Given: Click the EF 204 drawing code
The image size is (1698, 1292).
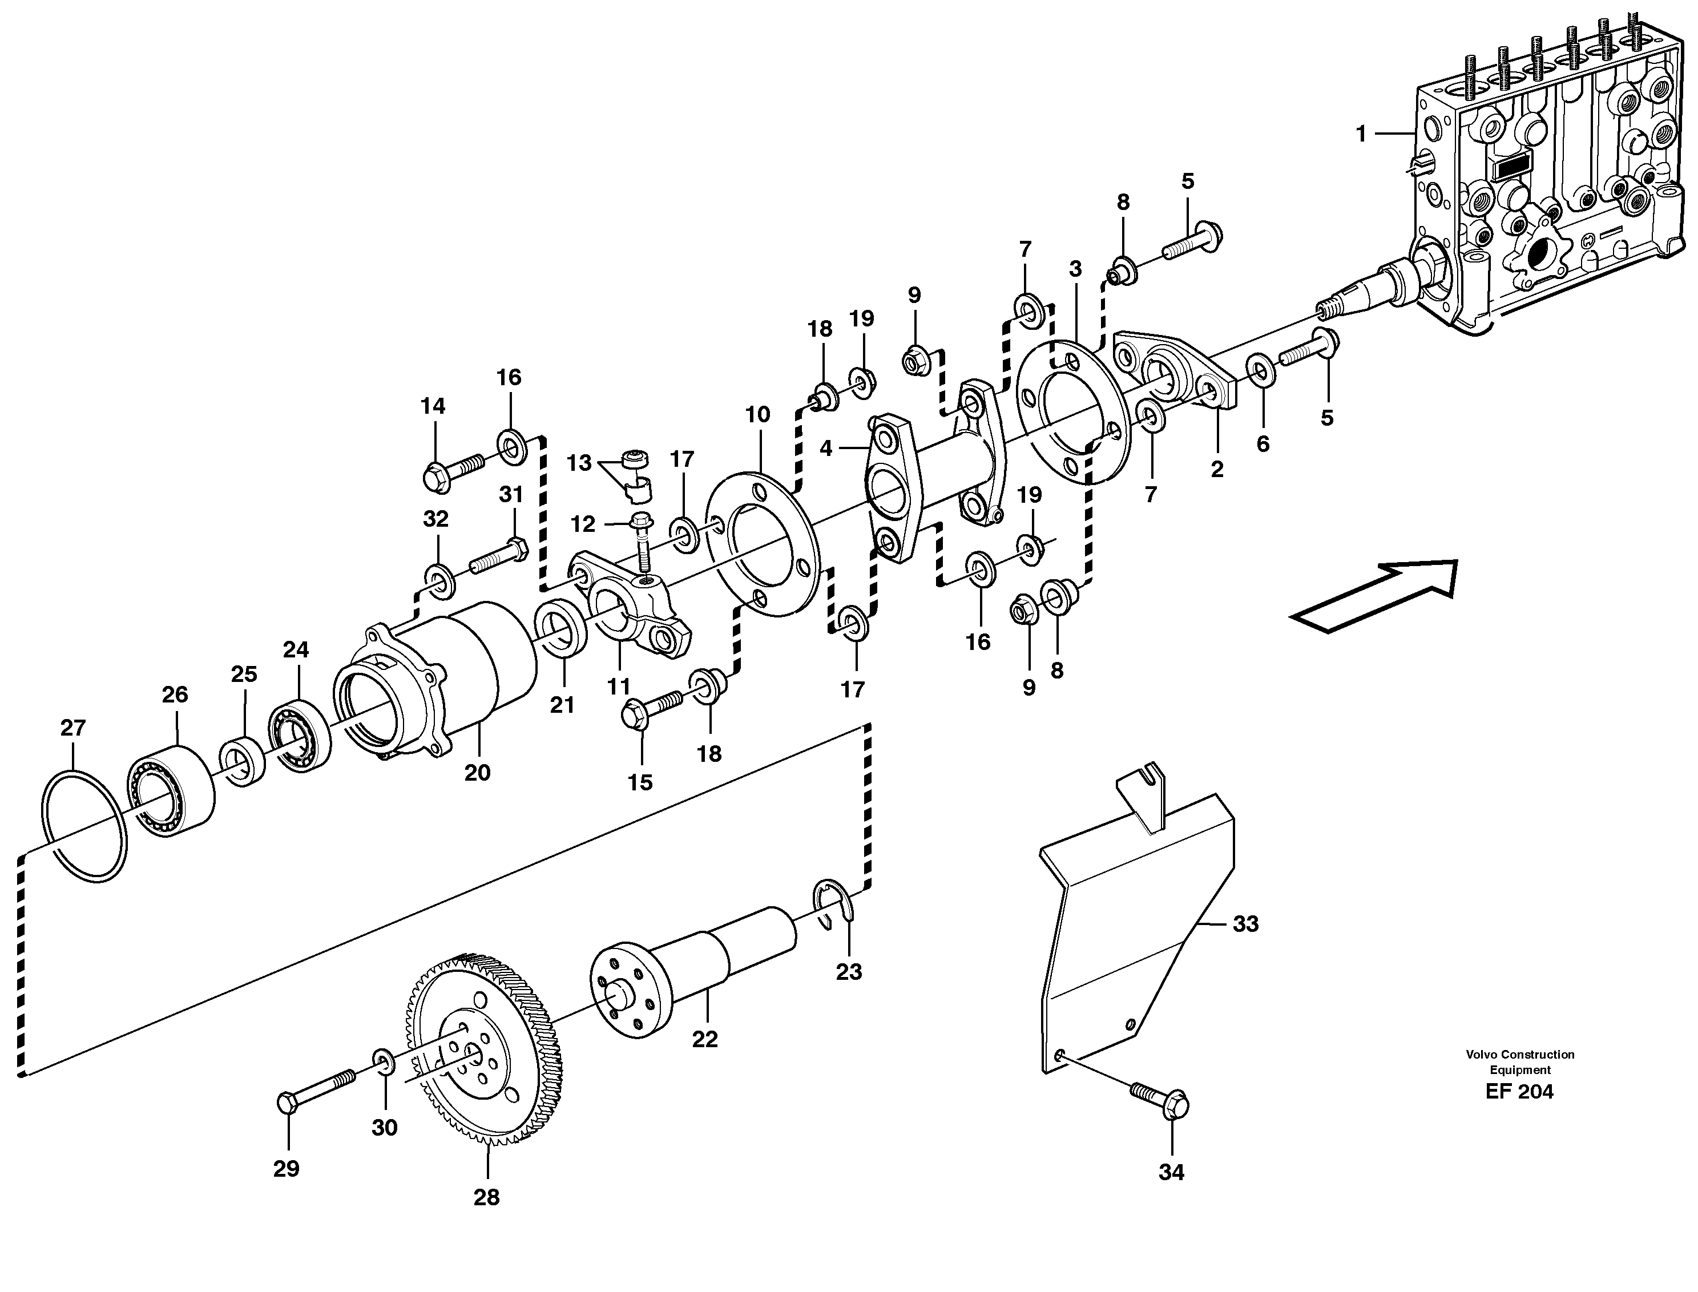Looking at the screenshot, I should coord(1519,1091).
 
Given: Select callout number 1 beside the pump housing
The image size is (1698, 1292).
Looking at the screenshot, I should coord(1361,135).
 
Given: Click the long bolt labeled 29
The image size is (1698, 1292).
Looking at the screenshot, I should coord(315,1092).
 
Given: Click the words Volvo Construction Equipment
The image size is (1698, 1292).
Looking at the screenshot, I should coord(1519,1061).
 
